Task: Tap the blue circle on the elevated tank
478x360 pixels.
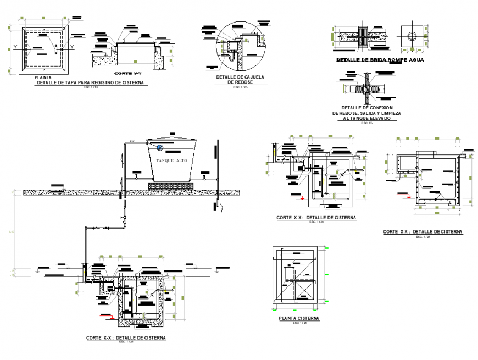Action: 159,147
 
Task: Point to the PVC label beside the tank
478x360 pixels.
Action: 132,142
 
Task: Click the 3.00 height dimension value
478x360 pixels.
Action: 12,232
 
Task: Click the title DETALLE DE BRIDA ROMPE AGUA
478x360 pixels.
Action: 380,59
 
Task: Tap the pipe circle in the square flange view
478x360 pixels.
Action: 412,36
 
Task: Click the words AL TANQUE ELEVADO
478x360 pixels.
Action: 366,118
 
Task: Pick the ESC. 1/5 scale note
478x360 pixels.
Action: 366,123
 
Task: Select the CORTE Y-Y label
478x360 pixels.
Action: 126,73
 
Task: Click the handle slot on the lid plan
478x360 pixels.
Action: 56,48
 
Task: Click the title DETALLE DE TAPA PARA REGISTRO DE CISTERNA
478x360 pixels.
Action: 88,82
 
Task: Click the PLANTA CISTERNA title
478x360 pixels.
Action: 299,318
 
